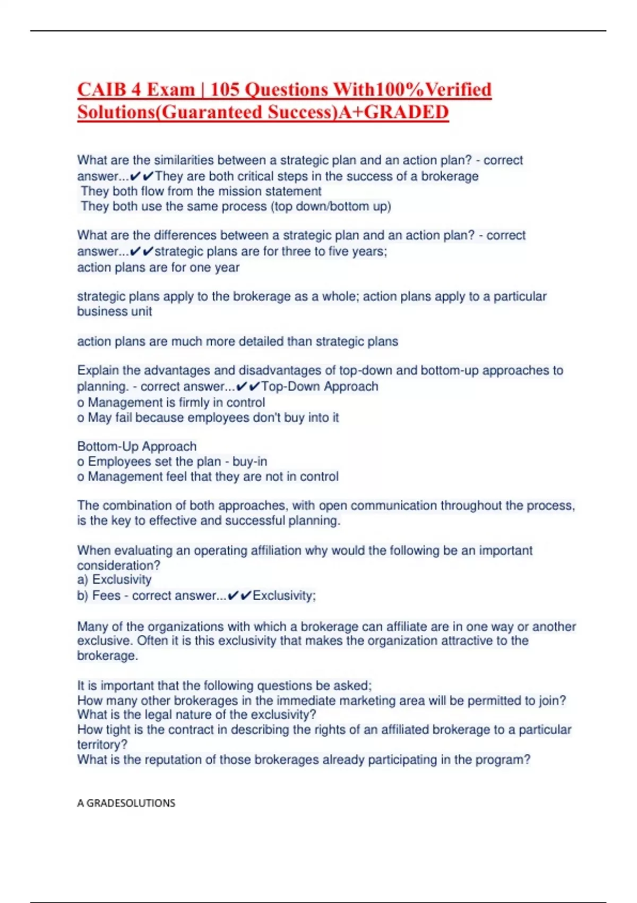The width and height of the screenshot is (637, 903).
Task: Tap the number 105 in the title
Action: pyautogui.click(x=225, y=89)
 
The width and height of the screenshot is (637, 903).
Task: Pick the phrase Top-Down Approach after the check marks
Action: pyautogui.click(x=320, y=386)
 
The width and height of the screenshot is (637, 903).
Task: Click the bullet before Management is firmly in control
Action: pyautogui.click(x=81, y=403)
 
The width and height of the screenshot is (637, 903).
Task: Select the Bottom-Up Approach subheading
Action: pyautogui.click(x=137, y=446)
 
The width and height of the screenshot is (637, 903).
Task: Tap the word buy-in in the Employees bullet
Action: pyautogui.click(x=249, y=461)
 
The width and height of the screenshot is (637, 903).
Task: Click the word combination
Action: pyautogui.click(x=138, y=505)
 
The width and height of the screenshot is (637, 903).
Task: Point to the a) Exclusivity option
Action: pyautogui.click(x=114, y=580)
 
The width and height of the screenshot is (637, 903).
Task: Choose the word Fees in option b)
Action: pyautogui.click(x=106, y=595)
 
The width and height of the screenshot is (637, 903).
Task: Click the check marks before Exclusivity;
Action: pyautogui.click(x=239, y=596)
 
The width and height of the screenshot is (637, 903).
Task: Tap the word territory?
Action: pyautogui.click(x=102, y=745)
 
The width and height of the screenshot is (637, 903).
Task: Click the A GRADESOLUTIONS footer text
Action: pyautogui.click(x=126, y=803)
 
